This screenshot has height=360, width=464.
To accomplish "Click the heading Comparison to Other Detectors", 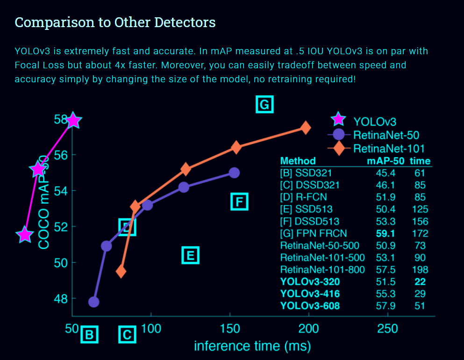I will (115, 22).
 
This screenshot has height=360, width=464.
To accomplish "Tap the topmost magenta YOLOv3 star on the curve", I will (72, 121).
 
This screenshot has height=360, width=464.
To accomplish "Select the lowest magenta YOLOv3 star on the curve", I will (25, 235).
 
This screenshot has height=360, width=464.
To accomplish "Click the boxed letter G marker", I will (264, 104).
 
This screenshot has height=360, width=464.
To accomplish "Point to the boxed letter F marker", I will (239, 202).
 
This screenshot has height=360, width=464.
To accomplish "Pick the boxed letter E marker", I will (190, 255).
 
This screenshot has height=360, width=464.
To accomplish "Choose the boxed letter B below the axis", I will (89, 335).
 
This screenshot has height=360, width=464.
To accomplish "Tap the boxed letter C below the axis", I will (127, 335).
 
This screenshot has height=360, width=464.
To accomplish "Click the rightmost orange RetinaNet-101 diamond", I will (306, 128).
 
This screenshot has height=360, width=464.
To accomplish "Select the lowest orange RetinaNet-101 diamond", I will (121, 271).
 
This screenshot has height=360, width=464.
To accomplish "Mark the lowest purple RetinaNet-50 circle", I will (94, 302).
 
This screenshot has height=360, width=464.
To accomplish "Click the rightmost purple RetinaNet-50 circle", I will (235, 173).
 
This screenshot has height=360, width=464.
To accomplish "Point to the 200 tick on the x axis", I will (309, 328).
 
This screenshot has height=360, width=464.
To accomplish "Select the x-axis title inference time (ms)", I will (252, 346).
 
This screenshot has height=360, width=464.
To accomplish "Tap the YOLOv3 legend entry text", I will (375, 122).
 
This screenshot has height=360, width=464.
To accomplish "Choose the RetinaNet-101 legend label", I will (389, 149).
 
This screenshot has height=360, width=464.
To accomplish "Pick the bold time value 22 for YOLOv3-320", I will (420, 282).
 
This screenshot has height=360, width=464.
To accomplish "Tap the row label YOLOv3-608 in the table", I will (310, 306).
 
